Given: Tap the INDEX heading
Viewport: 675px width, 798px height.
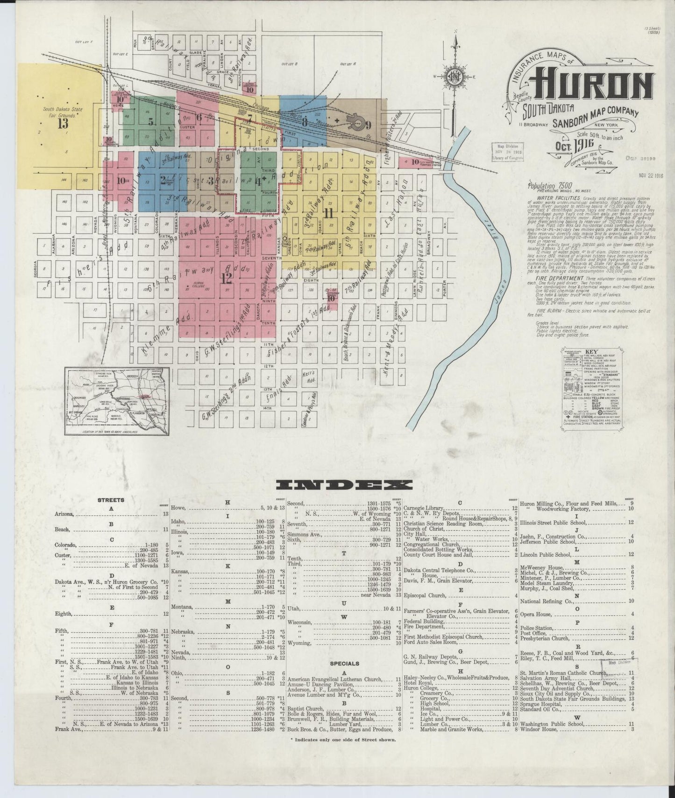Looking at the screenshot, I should tap(344, 485).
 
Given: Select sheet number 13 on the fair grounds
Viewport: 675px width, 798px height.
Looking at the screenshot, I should tap(63, 124).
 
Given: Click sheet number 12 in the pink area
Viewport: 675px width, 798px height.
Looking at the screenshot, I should tap(227, 279).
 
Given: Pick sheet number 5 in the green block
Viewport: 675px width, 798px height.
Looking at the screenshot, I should tap(151, 122).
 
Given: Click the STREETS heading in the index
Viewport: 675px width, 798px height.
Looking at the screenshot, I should tap(111, 500).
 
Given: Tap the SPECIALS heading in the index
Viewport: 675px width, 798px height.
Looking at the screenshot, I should tap(344, 663).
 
